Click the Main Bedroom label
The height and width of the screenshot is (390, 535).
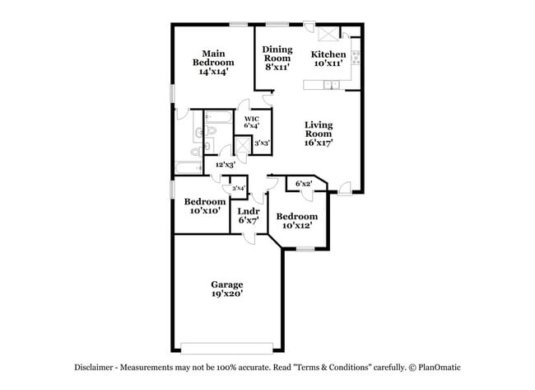[213, 63]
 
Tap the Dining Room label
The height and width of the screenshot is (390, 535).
[277, 59]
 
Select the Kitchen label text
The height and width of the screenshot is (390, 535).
[328, 59]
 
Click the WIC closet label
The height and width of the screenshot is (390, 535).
[252, 121]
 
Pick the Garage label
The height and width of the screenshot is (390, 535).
[226, 289]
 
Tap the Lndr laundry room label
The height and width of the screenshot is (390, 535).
[249, 215]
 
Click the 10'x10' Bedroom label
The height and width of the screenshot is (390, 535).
[205, 206]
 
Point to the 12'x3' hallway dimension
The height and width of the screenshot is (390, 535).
[226, 164]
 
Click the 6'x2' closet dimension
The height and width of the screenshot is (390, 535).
[303, 183]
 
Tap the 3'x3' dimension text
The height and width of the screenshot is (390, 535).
[263, 143]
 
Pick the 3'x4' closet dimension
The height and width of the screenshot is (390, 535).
[239, 189]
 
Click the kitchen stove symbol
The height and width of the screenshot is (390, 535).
[356, 58]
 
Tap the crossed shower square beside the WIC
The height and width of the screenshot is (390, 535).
[243, 145]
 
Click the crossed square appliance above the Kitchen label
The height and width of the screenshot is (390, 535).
[327, 35]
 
